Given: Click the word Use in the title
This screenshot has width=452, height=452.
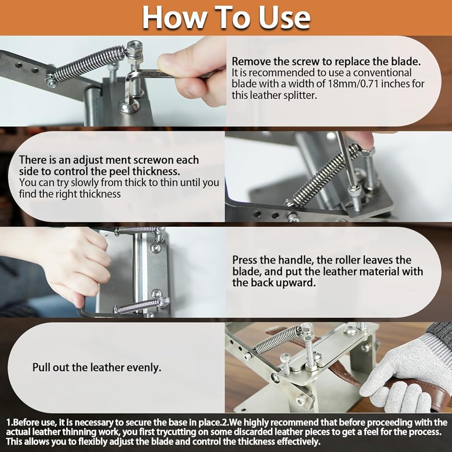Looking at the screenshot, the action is [284, 18].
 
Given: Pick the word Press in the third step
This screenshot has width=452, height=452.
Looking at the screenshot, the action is [245, 260].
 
